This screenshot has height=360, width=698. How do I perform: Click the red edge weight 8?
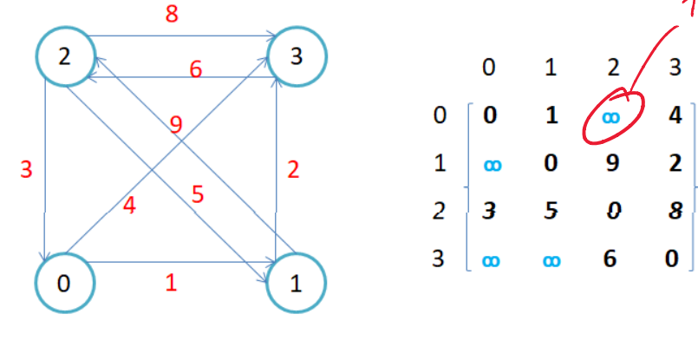click(x=172, y=16)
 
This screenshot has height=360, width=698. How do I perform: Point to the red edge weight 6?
click(x=196, y=69)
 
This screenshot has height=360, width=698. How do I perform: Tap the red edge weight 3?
click(x=26, y=169)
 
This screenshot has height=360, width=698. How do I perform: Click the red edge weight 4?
click(x=128, y=206)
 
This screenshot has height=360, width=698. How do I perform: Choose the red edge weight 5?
click(x=198, y=194)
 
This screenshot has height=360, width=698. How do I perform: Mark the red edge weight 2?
click(x=293, y=170)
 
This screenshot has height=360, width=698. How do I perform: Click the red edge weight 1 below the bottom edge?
click(x=172, y=284)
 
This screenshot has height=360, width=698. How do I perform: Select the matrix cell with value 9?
click(x=612, y=162)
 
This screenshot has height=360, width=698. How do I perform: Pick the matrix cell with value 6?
click(x=612, y=259)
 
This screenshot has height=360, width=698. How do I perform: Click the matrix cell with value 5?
click(x=551, y=211)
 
